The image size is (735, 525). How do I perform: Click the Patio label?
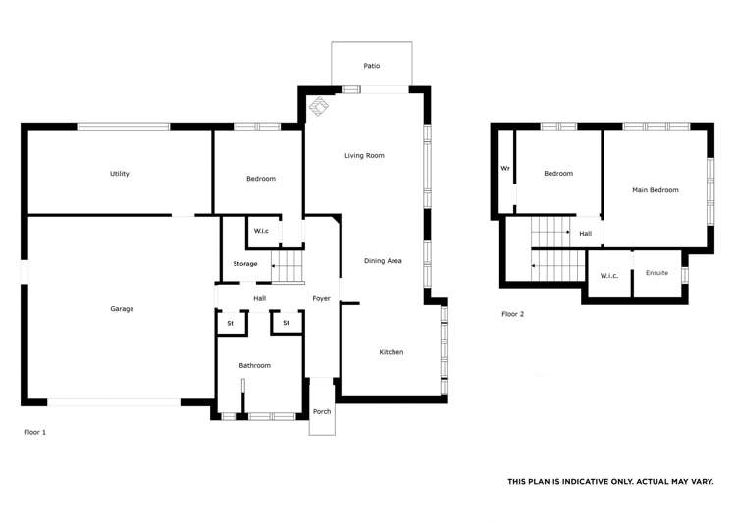click(371, 66)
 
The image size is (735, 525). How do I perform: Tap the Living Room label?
click(363, 156)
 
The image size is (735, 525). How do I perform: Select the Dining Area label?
click(383, 260)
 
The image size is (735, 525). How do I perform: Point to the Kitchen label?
click(391, 352)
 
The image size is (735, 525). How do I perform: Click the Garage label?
click(122, 309)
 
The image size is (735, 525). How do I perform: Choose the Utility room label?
click(120, 174)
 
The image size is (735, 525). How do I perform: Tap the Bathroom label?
click(255, 365)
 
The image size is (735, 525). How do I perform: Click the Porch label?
click(321, 411)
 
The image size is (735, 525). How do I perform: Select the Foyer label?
click(321, 298)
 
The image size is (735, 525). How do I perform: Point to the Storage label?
click(244, 264)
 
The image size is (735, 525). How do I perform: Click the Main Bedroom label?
click(655, 190)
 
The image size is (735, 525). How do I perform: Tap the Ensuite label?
click(656, 272)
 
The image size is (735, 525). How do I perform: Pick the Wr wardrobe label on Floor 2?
click(505, 168)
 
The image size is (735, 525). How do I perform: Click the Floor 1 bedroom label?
click(260, 179)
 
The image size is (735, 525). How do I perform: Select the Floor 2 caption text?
click(512, 314)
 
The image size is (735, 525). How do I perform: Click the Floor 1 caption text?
click(34, 432)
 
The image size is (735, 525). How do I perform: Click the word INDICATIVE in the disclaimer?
click(588, 482)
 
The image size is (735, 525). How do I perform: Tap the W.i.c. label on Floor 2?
click(609, 275)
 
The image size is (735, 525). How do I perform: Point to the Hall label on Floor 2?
click(585, 234)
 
